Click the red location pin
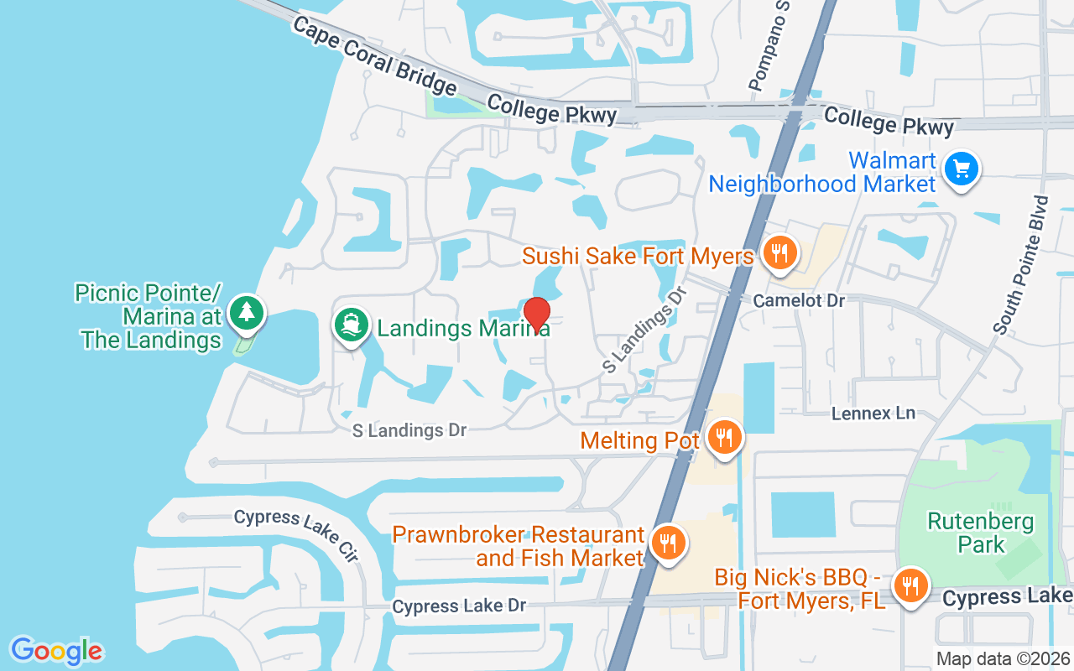(536, 315)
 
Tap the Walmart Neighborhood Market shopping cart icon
(961, 169)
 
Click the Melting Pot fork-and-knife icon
(722, 437)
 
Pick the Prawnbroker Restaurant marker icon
(668, 543)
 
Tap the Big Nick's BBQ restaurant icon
(910, 585)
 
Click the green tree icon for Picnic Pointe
(246, 313)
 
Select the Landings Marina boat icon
(352, 324)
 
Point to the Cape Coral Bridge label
(374, 56)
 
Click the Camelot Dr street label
(799, 300)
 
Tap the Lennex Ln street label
(873, 414)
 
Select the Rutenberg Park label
(981, 533)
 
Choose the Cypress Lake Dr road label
(459, 606)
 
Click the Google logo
(56, 651)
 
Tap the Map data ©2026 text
(1003, 658)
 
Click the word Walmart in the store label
(891, 160)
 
